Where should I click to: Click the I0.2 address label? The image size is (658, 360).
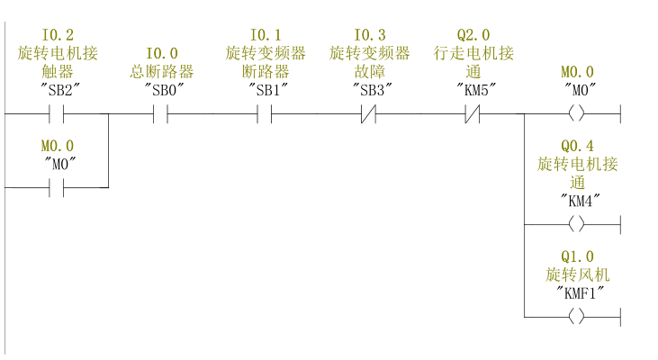pos(58,35)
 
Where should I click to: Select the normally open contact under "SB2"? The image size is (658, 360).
pos(58,115)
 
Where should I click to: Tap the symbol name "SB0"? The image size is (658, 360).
pos(161,89)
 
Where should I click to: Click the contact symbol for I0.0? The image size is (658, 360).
pos(161,115)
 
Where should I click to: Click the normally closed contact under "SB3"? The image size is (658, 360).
pos(369,115)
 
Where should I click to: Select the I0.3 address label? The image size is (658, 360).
pos(369,35)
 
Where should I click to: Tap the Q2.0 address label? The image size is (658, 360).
pos(473,35)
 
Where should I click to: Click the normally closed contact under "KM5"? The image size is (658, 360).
pos(473,115)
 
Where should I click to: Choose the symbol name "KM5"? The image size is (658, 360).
pos(473,89)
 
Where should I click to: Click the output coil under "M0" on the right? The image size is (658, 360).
pos(577,115)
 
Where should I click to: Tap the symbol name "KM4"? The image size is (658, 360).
pos(577,199)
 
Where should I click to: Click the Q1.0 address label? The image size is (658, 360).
pos(577,256)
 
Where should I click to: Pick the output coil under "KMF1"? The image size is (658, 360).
pos(577,316)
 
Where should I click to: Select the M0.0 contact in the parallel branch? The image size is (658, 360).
pos(58,187)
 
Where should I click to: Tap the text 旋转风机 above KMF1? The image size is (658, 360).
pos(577,274)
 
